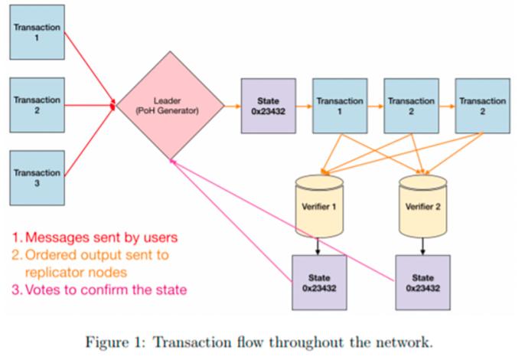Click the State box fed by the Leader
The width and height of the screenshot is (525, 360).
click(x=267, y=106)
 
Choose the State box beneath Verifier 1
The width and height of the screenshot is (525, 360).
click(x=318, y=282)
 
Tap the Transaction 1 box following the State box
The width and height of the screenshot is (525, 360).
click(x=340, y=106)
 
